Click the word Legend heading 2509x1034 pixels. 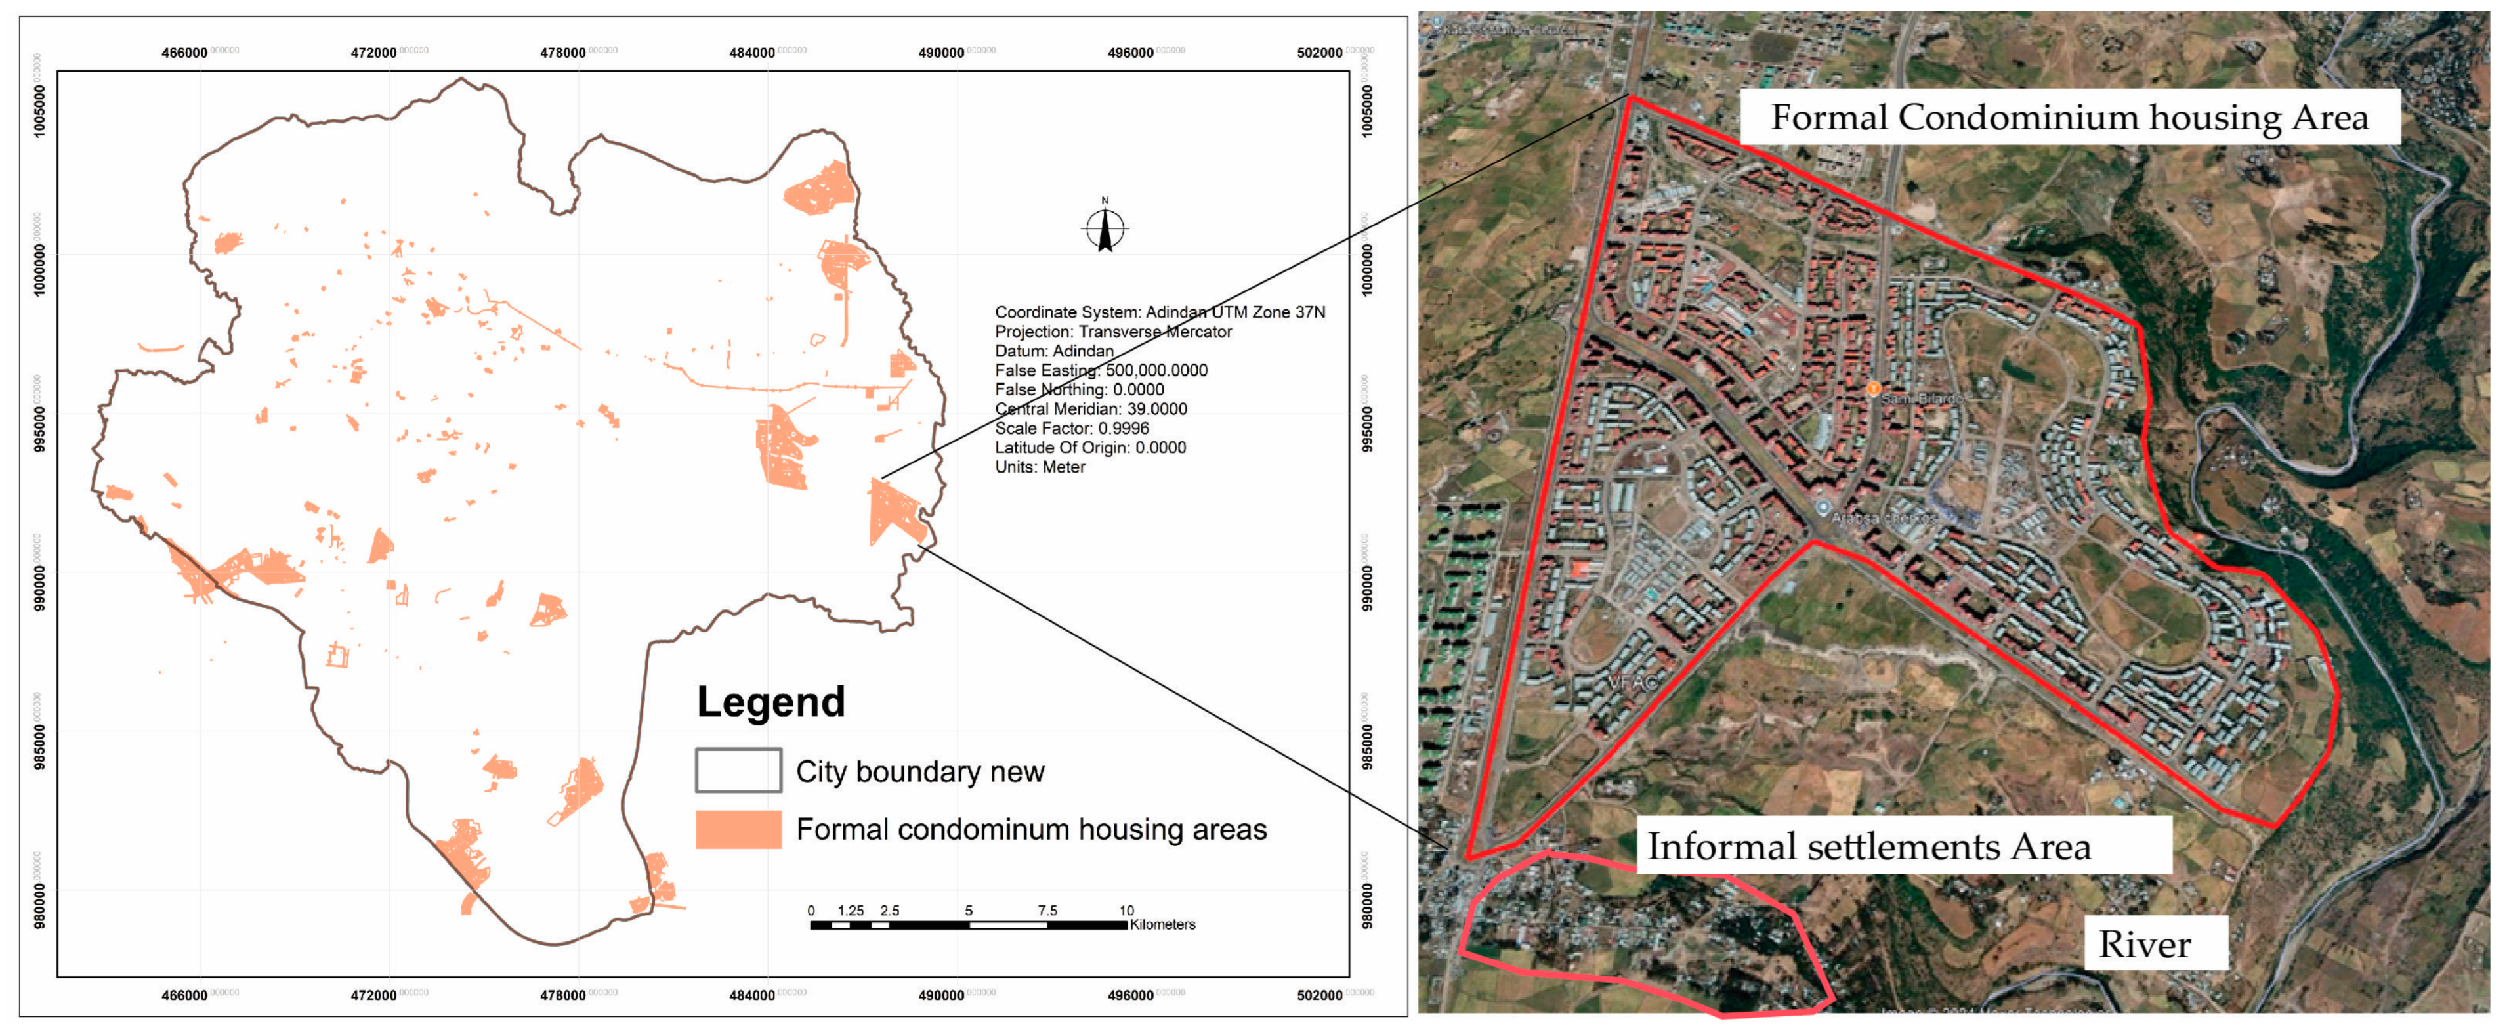pos(770,702)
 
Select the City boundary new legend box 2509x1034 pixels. pos(737,771)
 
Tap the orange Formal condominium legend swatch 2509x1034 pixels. pos(737,829)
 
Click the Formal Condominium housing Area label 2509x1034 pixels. pos(2069,118)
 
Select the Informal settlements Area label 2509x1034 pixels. pos(1868,847)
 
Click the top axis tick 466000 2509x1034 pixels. pos(184,53)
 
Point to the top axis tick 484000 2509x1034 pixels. pos(752,53)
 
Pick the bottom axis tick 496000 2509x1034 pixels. pos(1130,995)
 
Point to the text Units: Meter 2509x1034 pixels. pos(1040,467)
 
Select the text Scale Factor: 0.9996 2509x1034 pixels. pos(1071,428)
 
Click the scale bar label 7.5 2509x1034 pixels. pos(1047,910)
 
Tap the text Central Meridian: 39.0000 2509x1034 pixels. pos(1090,409)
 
